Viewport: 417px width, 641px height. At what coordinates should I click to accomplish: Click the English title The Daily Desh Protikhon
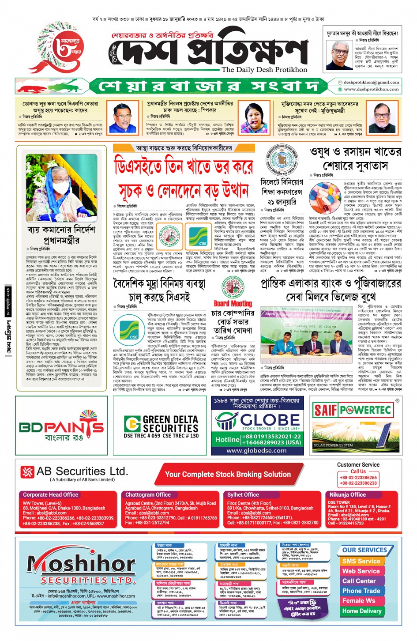(x=264, y=70)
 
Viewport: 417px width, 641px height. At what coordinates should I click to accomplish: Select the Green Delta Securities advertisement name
(x=170, y=424)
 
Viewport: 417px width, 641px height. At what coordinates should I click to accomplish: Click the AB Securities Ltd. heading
(x=82, y=472)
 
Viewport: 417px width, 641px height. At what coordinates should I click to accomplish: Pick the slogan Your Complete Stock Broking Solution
(x=228, y=475)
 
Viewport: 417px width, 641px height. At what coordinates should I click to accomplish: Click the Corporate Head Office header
(x=51, y=495)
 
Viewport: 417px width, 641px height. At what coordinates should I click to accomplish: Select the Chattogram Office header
(x=148, y=495)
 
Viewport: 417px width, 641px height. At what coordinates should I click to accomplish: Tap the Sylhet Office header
(x=243, y=495)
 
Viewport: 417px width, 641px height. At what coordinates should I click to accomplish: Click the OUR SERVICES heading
(x=364, y=550)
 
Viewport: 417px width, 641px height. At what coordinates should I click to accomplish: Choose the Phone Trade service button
(x=361, y=591)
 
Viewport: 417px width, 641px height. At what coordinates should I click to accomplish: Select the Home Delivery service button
(x=362, y=611)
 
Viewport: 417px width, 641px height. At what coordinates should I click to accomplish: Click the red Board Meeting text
(x=233, y=304)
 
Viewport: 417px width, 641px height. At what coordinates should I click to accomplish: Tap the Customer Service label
(x=358, y=465)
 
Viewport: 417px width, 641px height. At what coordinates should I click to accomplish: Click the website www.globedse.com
(x=256, y=451)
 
